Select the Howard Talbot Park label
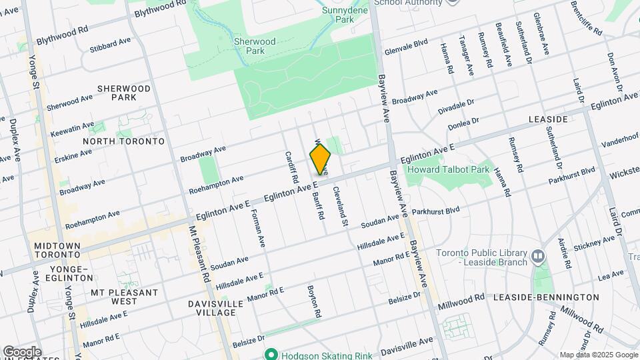pos(458,169)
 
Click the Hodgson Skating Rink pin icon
pos(271,353)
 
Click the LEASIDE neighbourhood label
pos(548,119)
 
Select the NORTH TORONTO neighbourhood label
pos(123,141)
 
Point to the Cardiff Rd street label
pos(291,167)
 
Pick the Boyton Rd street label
pos(314,301)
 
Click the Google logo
pos(22,351)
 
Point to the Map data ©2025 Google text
pos(597,355)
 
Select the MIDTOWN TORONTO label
pos(57,251)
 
